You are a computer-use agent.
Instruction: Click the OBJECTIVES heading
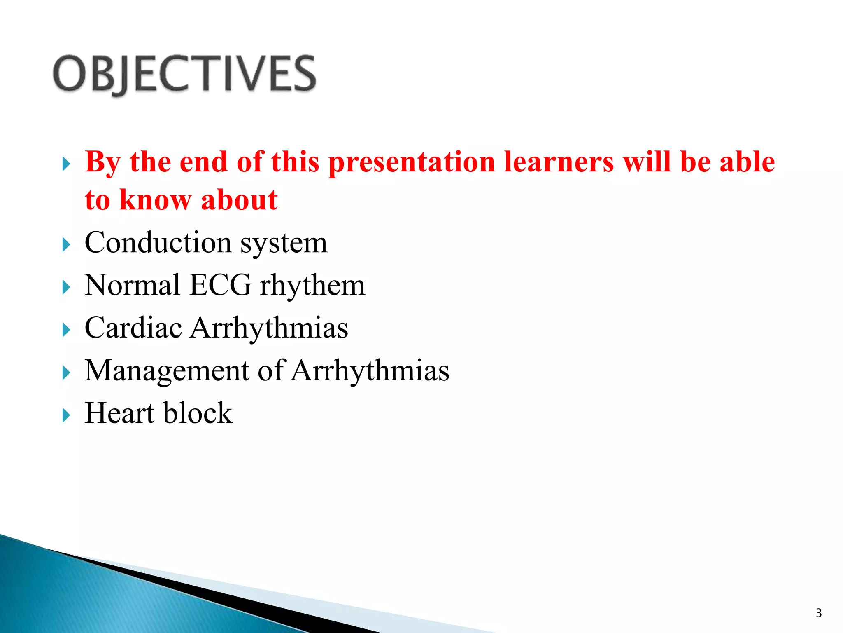[x=184, y=74]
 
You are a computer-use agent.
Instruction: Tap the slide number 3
[x=818, y=613]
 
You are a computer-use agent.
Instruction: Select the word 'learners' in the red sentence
[x=559, y=162]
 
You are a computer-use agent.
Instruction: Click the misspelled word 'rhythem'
[x=312, y=286]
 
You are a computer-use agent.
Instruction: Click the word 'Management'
[x=167, y=371]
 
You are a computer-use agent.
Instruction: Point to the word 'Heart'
[x=119, y=413]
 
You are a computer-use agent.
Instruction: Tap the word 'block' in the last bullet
[x=198, y=413]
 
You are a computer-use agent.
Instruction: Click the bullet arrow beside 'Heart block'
[x=66, y=415]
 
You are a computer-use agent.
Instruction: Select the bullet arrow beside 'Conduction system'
[x=66, y=245]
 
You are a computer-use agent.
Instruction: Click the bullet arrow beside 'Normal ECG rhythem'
[x=66, y=288]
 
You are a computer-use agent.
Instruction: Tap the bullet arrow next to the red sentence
[x=66, y=164]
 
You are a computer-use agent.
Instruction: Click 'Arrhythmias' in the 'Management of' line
[x=370, y=370]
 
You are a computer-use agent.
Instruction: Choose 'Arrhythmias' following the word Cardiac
[x=269, y=328]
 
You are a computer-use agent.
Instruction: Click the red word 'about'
[x=239, y=200]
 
